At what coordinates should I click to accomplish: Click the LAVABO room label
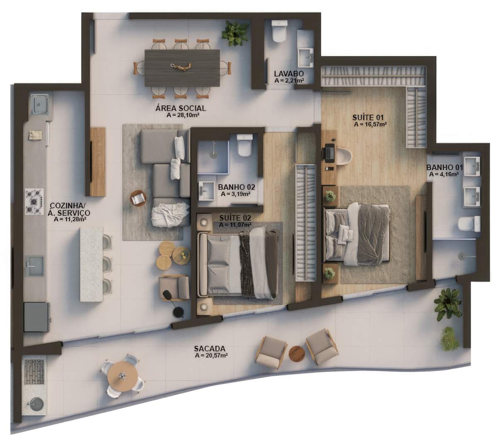pos(289,73)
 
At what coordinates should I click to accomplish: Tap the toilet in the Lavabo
pos(279,31)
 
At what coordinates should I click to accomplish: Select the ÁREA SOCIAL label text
pos(181,108)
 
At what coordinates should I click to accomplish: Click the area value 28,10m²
pos(183,115)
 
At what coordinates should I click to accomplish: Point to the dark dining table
pos(182,68)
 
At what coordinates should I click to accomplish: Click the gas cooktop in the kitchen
pos(34,201)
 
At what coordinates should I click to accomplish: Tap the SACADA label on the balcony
pos(210,348)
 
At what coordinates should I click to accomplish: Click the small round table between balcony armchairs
pos(297,354)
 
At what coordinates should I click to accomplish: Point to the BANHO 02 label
pos(237,187)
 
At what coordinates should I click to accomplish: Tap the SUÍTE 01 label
pos(368,117)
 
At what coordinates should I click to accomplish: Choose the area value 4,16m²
pos(444,174)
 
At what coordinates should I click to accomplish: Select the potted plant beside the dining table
pos(235,33)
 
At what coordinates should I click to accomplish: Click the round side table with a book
pos(138,198)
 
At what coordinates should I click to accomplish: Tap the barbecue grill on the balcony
pos(34,372)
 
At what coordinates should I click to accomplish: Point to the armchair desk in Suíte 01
pos(344,155)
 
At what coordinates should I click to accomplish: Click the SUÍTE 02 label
pos(235,218)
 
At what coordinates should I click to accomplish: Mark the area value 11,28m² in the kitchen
pos(70,219)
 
